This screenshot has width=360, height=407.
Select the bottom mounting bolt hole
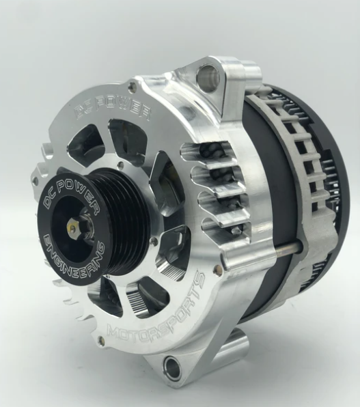click(x=173, y=369)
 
